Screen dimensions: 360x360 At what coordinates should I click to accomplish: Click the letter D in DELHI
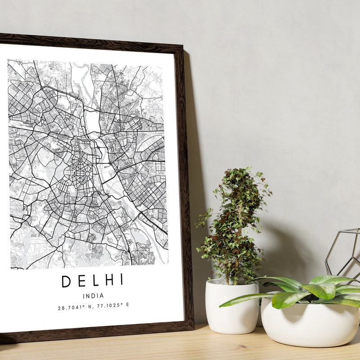(x=66, y=281)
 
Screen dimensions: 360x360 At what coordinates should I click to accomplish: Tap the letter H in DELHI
(x=108, y=280)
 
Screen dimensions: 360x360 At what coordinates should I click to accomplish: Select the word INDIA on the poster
(x=93, y=296)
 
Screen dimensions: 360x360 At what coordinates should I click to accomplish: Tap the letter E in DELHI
(x=80, y=281)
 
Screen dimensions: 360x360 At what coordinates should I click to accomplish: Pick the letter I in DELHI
(x=120, y=280)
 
